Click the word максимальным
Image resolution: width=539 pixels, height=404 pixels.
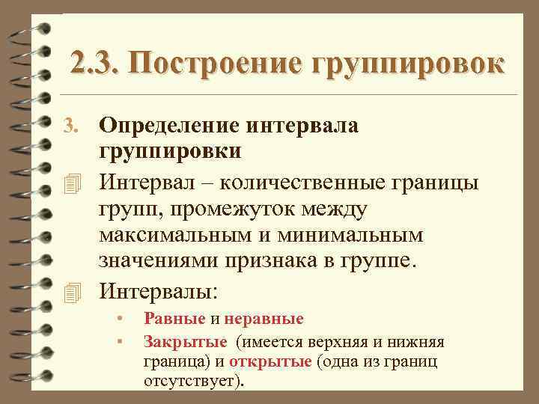[180, 235]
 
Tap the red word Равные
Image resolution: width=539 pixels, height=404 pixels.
[174, 319]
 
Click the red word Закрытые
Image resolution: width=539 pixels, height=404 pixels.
[185, 343]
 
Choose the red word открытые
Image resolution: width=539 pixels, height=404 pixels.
[270, 362]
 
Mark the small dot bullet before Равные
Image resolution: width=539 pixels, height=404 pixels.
[119, 319]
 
